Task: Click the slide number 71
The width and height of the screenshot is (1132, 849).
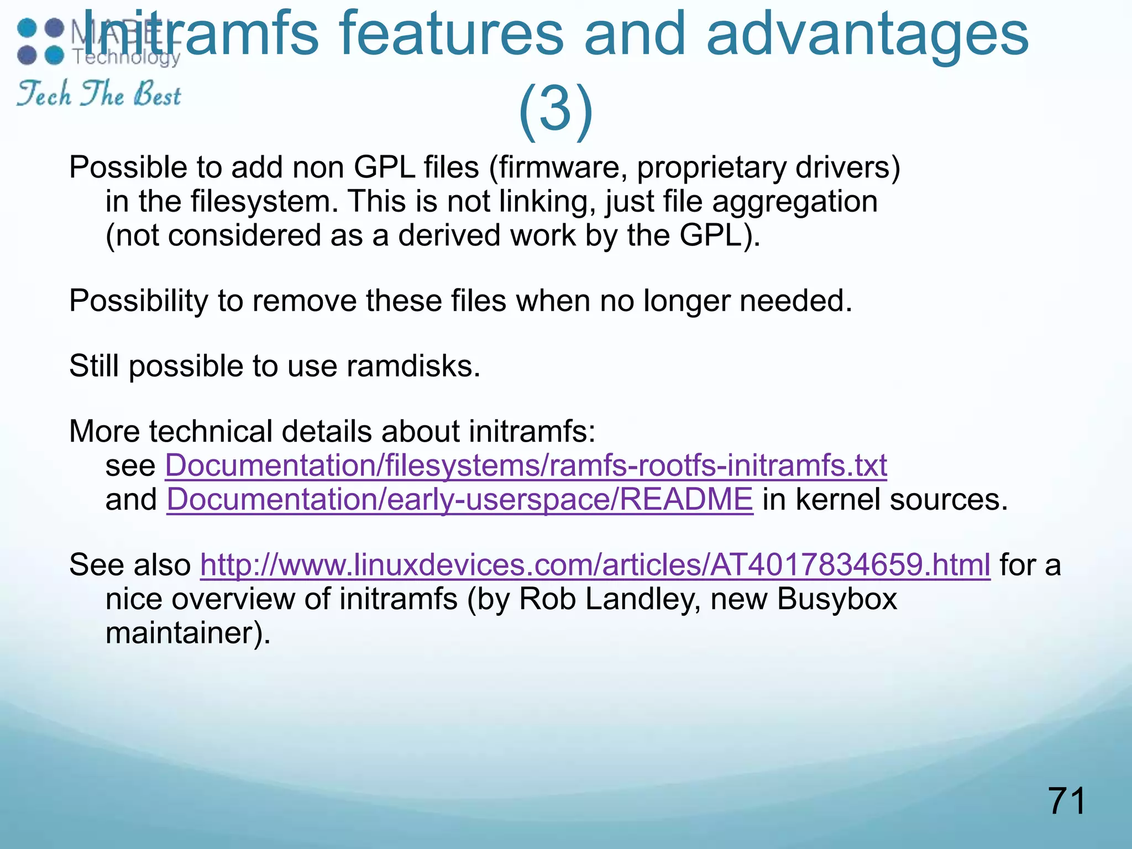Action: [x=1066, y=801]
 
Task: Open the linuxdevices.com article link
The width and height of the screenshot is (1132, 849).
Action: [x=595, y=565]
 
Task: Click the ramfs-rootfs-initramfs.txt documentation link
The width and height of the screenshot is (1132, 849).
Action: [x=526, y=465]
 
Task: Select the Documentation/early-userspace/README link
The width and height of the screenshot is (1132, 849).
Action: [x=459, y=500]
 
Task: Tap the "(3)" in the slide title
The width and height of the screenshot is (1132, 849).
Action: [x=555, y=108]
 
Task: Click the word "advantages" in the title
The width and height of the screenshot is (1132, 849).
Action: [x=867, y=34]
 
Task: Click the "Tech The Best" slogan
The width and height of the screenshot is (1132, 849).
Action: [x=99, y=93]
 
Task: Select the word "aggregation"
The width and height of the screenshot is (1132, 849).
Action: [x=794, y=202]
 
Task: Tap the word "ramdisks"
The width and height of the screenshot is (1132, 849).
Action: [x=413, y=366]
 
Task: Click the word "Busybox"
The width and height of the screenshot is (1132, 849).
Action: [x=837, y=599]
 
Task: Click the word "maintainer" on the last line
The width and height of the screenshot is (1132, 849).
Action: [x=182, y=633]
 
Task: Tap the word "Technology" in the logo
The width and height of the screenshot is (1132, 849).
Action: [x=127, y=57]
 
